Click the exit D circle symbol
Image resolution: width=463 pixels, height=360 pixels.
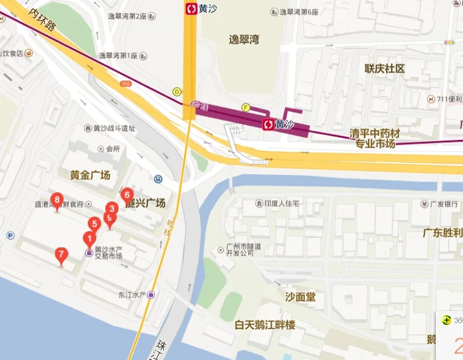coord(177,92)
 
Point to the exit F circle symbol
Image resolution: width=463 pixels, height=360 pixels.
coord(246,108)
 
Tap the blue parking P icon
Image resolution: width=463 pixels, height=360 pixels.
coord(10,235)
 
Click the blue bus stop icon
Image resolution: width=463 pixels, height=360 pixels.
coord(158,178)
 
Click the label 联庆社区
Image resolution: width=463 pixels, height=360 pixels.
coord(384,68)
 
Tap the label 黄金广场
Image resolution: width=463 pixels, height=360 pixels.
coord(90,175)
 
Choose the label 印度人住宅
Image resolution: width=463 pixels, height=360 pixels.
coord(278,203)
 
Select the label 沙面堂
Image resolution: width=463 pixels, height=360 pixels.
coord(300,297)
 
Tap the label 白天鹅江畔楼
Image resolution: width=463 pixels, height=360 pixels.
coord(265,325)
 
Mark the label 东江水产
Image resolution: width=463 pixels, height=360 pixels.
coord(133,295)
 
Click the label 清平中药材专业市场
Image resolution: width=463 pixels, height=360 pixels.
coord(375,138)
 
